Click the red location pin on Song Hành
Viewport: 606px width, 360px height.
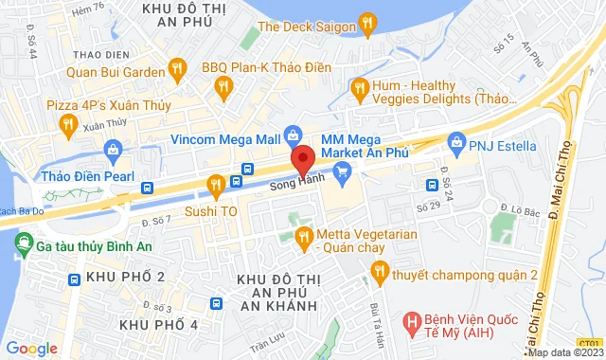pos(302,158)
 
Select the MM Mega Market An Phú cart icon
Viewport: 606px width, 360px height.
pos(343,171)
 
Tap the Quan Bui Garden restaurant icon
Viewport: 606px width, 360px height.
pos(175,66)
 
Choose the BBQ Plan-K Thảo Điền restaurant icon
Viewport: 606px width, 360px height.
pos(223,88)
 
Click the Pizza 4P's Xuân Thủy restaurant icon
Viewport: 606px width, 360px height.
pos(67,123)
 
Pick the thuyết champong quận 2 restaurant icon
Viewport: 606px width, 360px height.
pos(380,273)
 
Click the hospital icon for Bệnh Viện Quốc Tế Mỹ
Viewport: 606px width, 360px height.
pos(411,322)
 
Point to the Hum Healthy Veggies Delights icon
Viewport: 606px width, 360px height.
pos(358,89)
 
